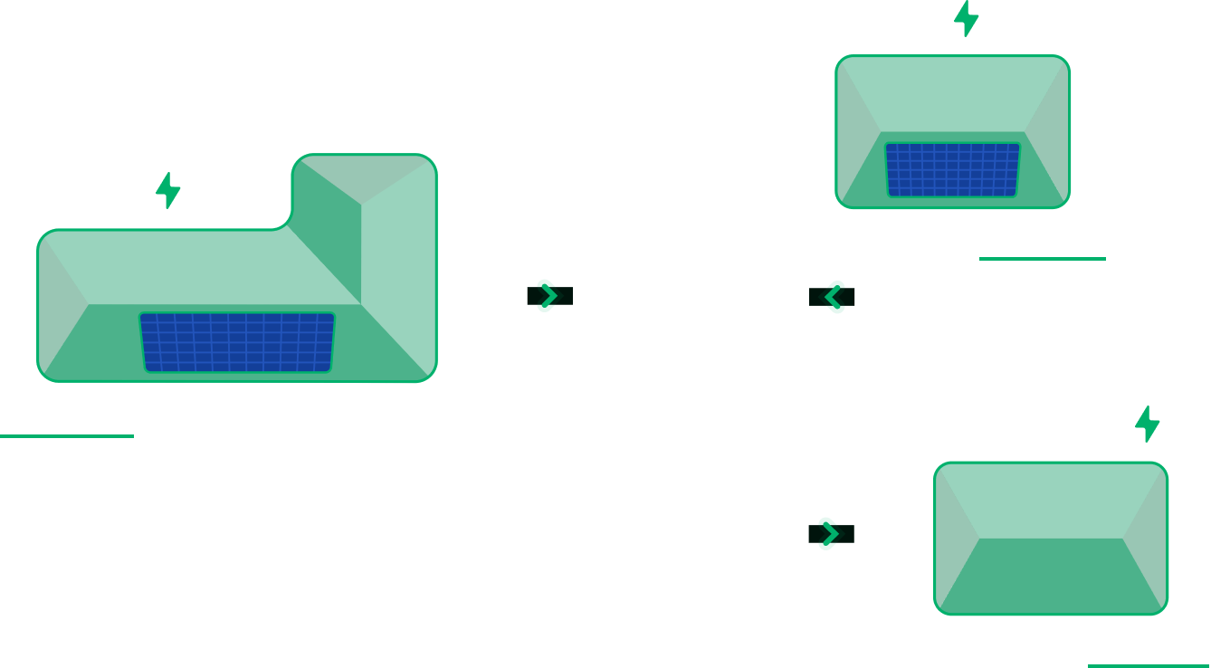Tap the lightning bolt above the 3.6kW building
(x=168, y=190)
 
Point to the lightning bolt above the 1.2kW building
(x=967, y=18)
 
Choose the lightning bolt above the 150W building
(x=1148, y=424)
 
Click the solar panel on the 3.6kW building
(x=237, y=342)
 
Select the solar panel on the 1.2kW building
(x=952, y=169)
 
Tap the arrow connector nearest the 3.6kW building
(x=548, y=296)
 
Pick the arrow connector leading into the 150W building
(x=830, y=533)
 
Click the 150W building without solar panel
(x=1050, y=539)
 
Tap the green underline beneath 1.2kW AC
(x=1042, y=259)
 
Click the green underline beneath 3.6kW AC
(x=67, y=436)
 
